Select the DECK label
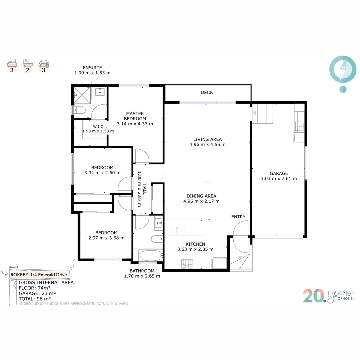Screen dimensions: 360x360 [x=207, y=92]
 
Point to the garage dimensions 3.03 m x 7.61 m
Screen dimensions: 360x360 [x=279, y=179]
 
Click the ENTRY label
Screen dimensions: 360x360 [x=238, y=217]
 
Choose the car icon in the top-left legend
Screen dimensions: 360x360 [x=43, y=63]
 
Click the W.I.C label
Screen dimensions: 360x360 [x=98, y=126]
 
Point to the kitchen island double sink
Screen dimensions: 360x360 [x=177, y=230]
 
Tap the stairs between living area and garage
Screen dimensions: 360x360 [x=262, y=113]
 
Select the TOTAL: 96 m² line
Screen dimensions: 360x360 [x=35, y=299]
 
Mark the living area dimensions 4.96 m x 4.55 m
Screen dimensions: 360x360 [x=207, y=145]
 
